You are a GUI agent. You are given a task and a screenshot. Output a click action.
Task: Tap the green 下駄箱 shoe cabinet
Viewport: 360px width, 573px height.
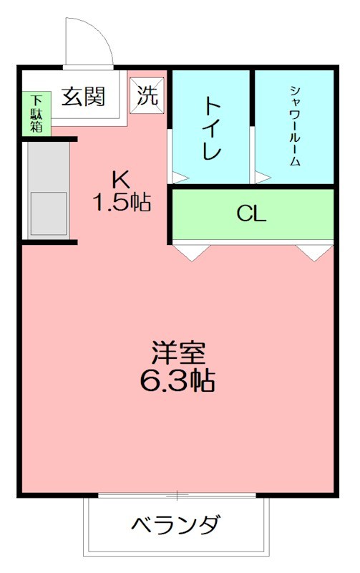pyautogui.click(x=36, y=113)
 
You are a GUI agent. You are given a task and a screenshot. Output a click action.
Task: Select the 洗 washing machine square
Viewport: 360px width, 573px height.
pyautogui.click(x=147, y=96)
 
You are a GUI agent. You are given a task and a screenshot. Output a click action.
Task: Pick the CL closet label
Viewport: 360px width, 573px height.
pyautogui.click(x=252, y=213)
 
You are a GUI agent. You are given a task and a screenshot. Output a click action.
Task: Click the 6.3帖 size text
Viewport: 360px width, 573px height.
pyautogui.click(x=178, y=380)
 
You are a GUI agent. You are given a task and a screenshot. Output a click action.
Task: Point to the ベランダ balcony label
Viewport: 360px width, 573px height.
pyautogui.click(x=176, y=526)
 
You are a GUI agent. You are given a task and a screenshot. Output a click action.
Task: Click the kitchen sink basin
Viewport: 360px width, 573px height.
pyautogui.click(x=48, y=213)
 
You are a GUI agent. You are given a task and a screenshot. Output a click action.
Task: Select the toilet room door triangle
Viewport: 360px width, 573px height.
pyautogui.click(x=178, y=175)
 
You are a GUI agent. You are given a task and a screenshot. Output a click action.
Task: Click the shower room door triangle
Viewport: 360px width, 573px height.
pyautogui.click(x=262, y=175)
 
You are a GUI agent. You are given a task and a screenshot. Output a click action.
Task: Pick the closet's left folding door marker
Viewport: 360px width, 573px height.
pyautogui.click(x=191, y=251)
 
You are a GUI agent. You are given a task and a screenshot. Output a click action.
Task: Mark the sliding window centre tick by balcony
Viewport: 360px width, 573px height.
pyautogui.click(x=176, y=495)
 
